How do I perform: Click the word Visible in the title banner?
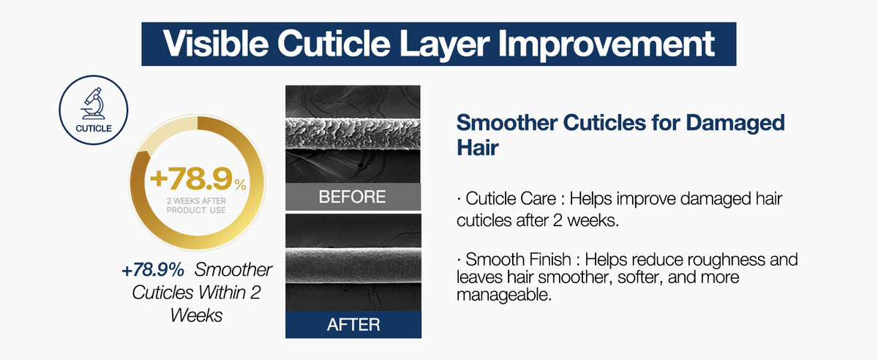[216, 43]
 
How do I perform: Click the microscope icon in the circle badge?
[94, 103]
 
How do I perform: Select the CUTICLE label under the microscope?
[94, 129]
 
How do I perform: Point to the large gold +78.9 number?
[191, 179]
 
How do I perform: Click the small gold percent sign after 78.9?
[240, 184]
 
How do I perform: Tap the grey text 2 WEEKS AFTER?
[196, 200]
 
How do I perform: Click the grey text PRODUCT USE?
[196, 210]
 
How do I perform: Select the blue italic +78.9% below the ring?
[153, 270]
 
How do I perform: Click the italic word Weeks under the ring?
[196, 315]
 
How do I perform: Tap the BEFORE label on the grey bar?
[352, 197]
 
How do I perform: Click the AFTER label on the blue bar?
[353, 325]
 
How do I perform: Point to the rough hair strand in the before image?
[353, 133]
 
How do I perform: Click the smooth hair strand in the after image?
[353, 265]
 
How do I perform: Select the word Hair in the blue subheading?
[477, 148]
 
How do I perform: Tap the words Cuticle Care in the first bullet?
[511, 198]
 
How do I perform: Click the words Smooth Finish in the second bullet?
[518, 259]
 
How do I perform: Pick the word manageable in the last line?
[503, 295]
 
